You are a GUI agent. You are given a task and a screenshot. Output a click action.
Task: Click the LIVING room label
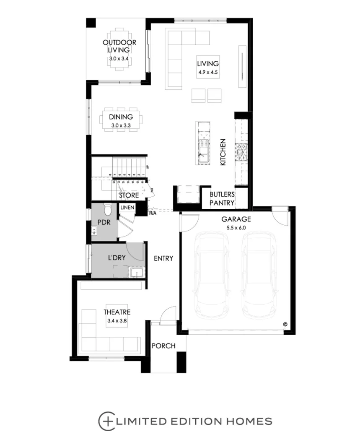point(208,64)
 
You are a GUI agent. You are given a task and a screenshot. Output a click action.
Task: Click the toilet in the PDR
point(108,208)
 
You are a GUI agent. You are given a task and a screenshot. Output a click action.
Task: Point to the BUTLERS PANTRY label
point(222,199)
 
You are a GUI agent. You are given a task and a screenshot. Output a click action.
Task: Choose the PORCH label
point(163,346)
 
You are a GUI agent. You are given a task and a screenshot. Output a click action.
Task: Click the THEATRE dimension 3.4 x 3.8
point(117,320)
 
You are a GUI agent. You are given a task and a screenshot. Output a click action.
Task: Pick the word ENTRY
point(163,258)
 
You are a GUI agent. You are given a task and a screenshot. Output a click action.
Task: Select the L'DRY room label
point(117,258)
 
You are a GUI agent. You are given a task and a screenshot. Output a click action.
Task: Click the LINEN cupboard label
point(127,208)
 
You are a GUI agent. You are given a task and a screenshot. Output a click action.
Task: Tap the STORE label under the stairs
point(128,195)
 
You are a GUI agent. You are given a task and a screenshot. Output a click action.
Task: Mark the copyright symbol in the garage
point(285,324)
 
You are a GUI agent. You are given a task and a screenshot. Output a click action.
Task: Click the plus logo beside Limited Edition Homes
point(106,421)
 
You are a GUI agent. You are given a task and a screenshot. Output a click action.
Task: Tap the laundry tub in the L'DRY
point(137,273)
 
